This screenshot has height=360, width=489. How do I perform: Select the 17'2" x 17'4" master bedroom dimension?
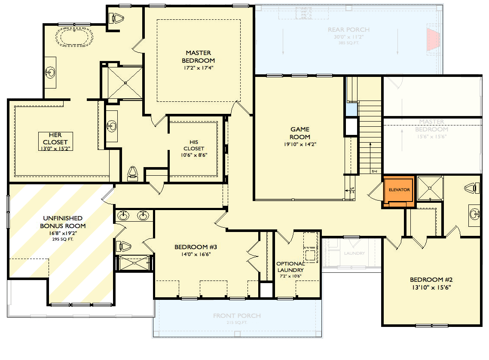tap(198, 68)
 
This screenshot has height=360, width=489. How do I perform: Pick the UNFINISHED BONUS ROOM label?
tap(62, 222)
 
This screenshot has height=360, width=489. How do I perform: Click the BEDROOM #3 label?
tap(196, 247)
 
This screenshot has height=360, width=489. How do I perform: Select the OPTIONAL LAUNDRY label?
tap(290, 267)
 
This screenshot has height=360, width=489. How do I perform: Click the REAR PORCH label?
tap(348, 30)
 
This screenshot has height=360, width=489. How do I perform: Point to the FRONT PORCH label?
tap(237, 316)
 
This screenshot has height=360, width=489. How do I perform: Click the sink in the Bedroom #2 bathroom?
tap(474, 214)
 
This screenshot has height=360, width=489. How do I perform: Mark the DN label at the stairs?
tap(374, 171)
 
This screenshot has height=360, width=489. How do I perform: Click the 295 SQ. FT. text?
tap(63, 239)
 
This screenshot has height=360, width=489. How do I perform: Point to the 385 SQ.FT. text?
tap(348, 43)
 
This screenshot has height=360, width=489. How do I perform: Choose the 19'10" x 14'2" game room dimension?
tap(300, 145)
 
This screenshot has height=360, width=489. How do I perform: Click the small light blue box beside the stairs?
tap(351, 110)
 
